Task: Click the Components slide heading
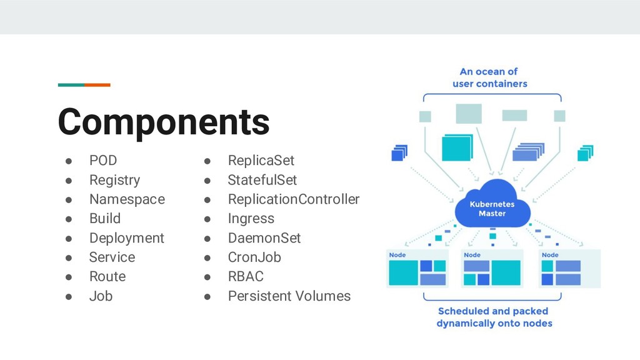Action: pos(164,122)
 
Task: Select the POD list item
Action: pos(103,161)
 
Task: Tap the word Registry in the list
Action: pos(114,180)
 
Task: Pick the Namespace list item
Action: pos(127,199)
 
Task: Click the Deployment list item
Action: pos(126,238)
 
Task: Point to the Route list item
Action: pos(107,276)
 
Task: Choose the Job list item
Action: pos(101,296)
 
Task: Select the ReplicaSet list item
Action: pos(261,161)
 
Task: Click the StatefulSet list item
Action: pos(262,180)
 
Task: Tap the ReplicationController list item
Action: pos(293,199)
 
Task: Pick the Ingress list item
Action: pos(251,219)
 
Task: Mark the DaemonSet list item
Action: pos(264,238)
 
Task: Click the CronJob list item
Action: pos(254,257)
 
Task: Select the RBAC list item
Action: pos(246,276)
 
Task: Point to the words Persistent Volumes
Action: pos(289,296)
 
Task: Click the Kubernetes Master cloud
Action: pos(492,206)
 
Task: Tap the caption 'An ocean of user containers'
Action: pos(489,77)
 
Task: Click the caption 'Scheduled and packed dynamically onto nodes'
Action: pos(494,317)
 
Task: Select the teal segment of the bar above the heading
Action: pos(71,85)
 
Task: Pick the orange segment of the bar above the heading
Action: pos(97,85)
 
